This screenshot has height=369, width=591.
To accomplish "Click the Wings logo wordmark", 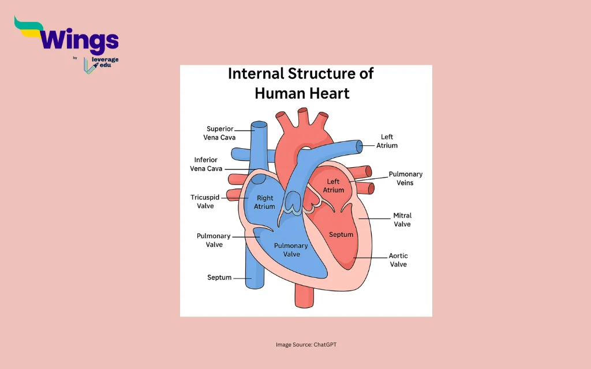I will pos(80,42).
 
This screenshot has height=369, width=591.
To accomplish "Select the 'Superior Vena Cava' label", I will pos(219,133).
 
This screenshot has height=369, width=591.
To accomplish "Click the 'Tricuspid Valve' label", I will pos(204,202).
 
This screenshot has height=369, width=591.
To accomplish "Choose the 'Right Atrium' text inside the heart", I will pos(264,202).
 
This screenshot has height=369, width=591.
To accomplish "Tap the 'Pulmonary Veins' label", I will pos(405,178).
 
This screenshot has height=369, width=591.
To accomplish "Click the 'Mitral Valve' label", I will pos(402,220).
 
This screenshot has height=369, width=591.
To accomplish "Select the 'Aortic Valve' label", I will pos(398,260).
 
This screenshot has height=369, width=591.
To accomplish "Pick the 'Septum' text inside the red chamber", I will pos(341,235).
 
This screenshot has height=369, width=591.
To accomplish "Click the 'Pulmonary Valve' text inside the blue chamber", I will pos(291,250).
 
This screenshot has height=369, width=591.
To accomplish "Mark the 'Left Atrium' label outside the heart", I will pos(387,141).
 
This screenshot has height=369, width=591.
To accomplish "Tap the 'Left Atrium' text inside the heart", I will pos(334,186).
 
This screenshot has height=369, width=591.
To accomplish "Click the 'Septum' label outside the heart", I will pos(219,278).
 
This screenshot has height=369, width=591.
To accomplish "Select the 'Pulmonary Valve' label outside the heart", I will pos(214,240).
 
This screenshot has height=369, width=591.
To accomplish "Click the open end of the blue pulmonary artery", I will pos(360,147).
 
